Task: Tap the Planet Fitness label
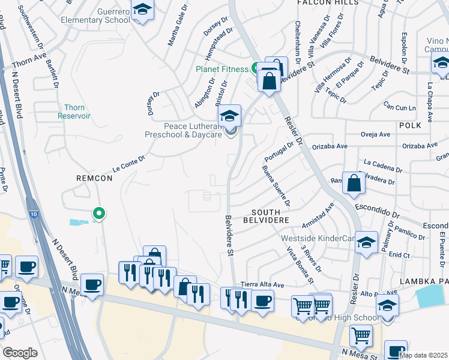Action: pos(221,69)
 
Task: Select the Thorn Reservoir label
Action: pos(74,112)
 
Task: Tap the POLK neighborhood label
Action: pos(409,125)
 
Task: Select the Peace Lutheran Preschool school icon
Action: pos(229,116)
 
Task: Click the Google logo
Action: pos(20,352)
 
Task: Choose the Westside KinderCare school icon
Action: pos(366,242)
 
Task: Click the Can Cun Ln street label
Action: pos(400,108)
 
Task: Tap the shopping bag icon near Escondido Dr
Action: pos(354,183)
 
